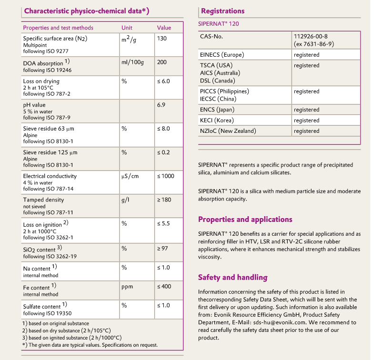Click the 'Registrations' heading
click(222, 11)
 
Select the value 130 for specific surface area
click(162, 38)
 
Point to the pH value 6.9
click(161, 104)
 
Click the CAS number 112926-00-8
click(311, 36)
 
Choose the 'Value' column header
click(164, 28)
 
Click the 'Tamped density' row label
click(43, 200)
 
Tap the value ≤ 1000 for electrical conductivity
click(166, 176)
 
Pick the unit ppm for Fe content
click(127, 286)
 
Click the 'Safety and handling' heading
click(232, 277)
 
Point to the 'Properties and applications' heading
click(245, 220)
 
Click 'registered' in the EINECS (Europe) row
click(306, 55)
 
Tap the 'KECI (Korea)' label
click(217, 120)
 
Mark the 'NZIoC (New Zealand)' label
click(228, 131)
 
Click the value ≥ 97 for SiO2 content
click(163, 248)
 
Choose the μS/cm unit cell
click(130, 176)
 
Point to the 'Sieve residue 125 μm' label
click(50, 153)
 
